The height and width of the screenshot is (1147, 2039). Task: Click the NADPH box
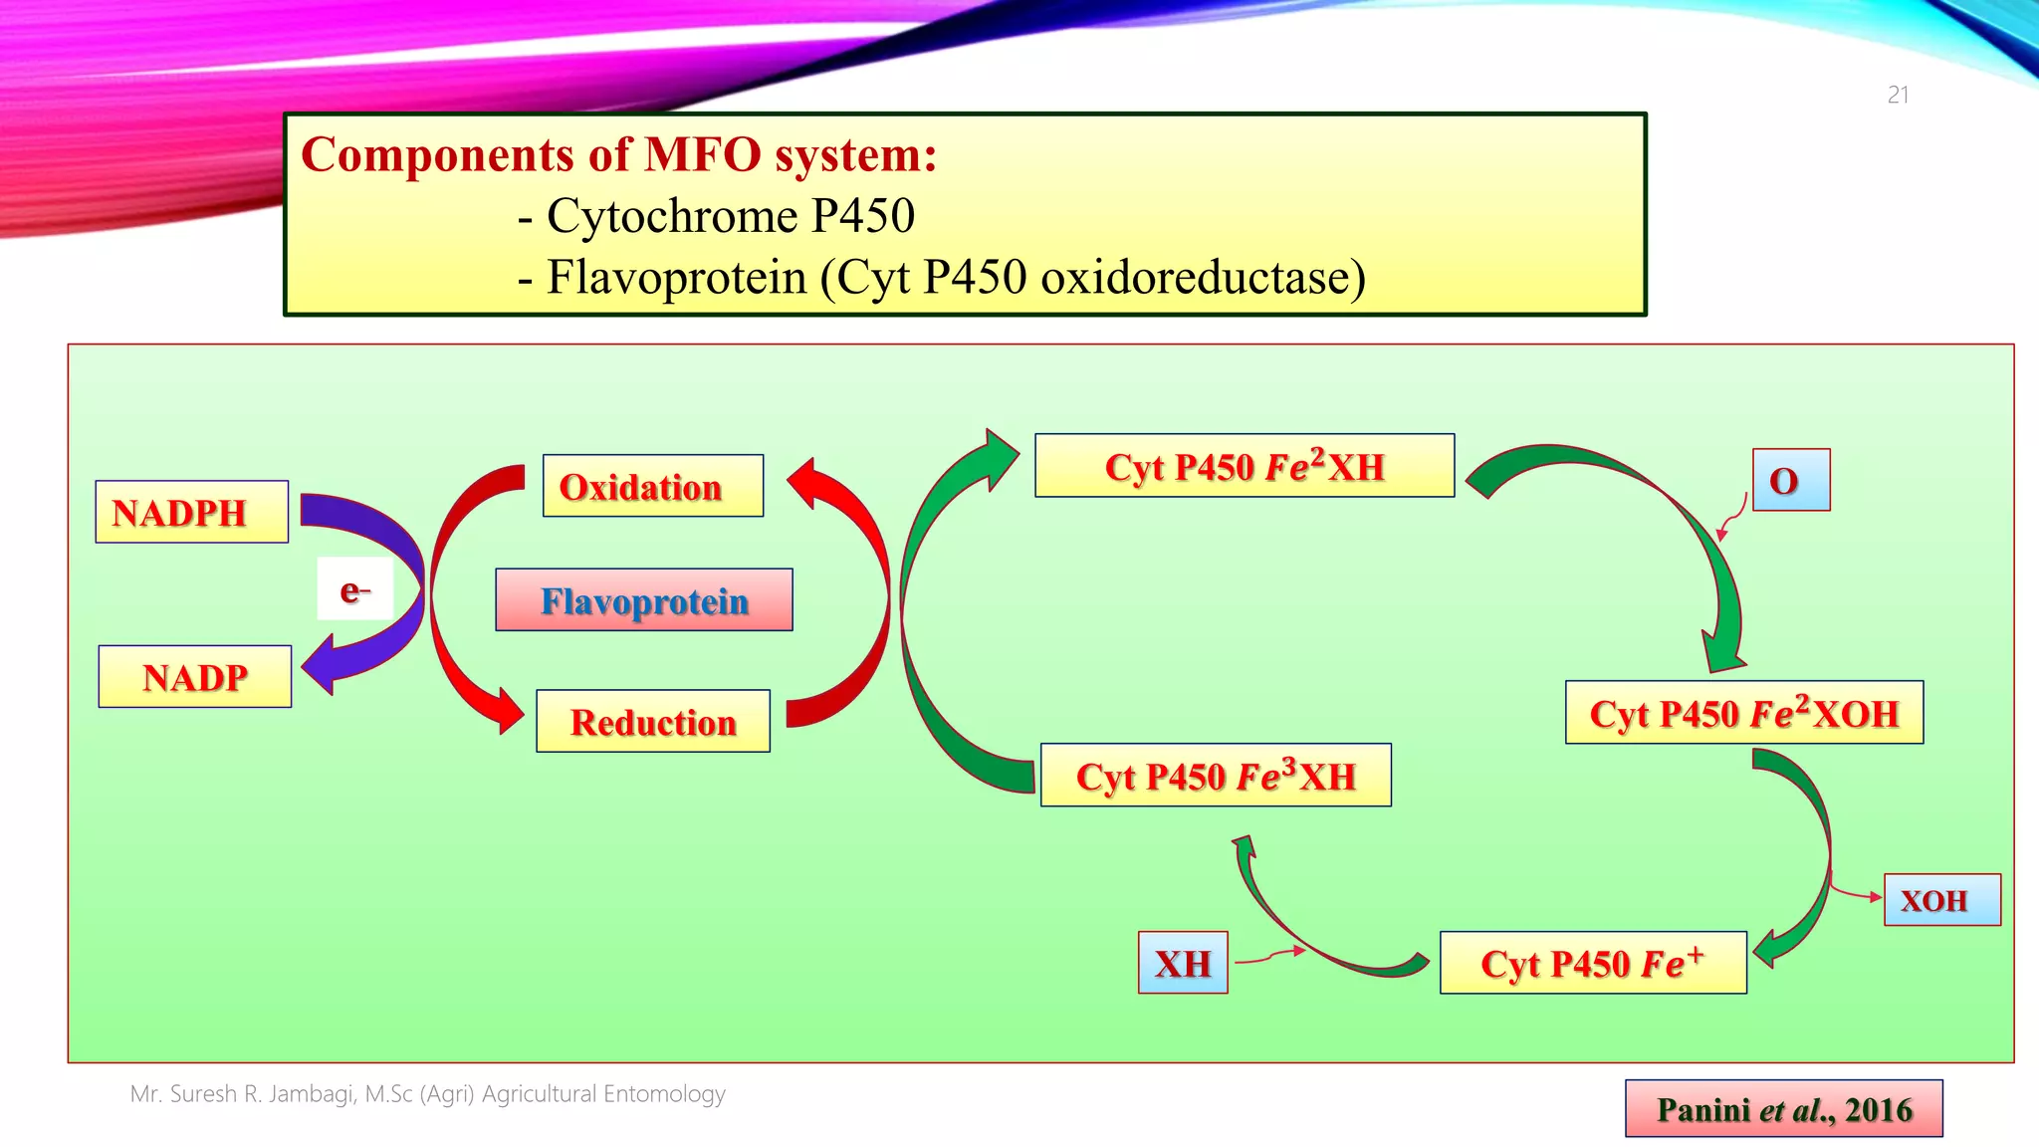tap(191, 512)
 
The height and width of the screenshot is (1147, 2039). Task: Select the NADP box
tap(195, 677)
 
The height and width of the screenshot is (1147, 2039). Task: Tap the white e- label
tap(354, 589)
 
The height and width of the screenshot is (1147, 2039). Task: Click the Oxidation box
tap(652, 486)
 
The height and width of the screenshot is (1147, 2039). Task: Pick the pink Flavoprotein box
tap(643, 600)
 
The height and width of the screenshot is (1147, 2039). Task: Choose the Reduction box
tap(652, 721)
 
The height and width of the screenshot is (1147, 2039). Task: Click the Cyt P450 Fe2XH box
tap(1244, 466)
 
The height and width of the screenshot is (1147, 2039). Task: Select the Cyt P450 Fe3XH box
tap(1215, 775)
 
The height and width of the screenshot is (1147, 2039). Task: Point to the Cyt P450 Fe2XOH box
tap(1743, 713)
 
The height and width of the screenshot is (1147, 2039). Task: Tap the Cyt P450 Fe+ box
tap(1592, 963)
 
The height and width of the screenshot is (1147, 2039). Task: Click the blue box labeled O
tap(1790, 480)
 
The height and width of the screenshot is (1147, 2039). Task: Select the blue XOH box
tap(1940, 900)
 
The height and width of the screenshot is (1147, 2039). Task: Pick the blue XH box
tap(1182, 963)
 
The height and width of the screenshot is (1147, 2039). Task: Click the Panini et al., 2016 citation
tap(1783, 1109)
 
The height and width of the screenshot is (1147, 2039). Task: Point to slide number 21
tap(1898, 96)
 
